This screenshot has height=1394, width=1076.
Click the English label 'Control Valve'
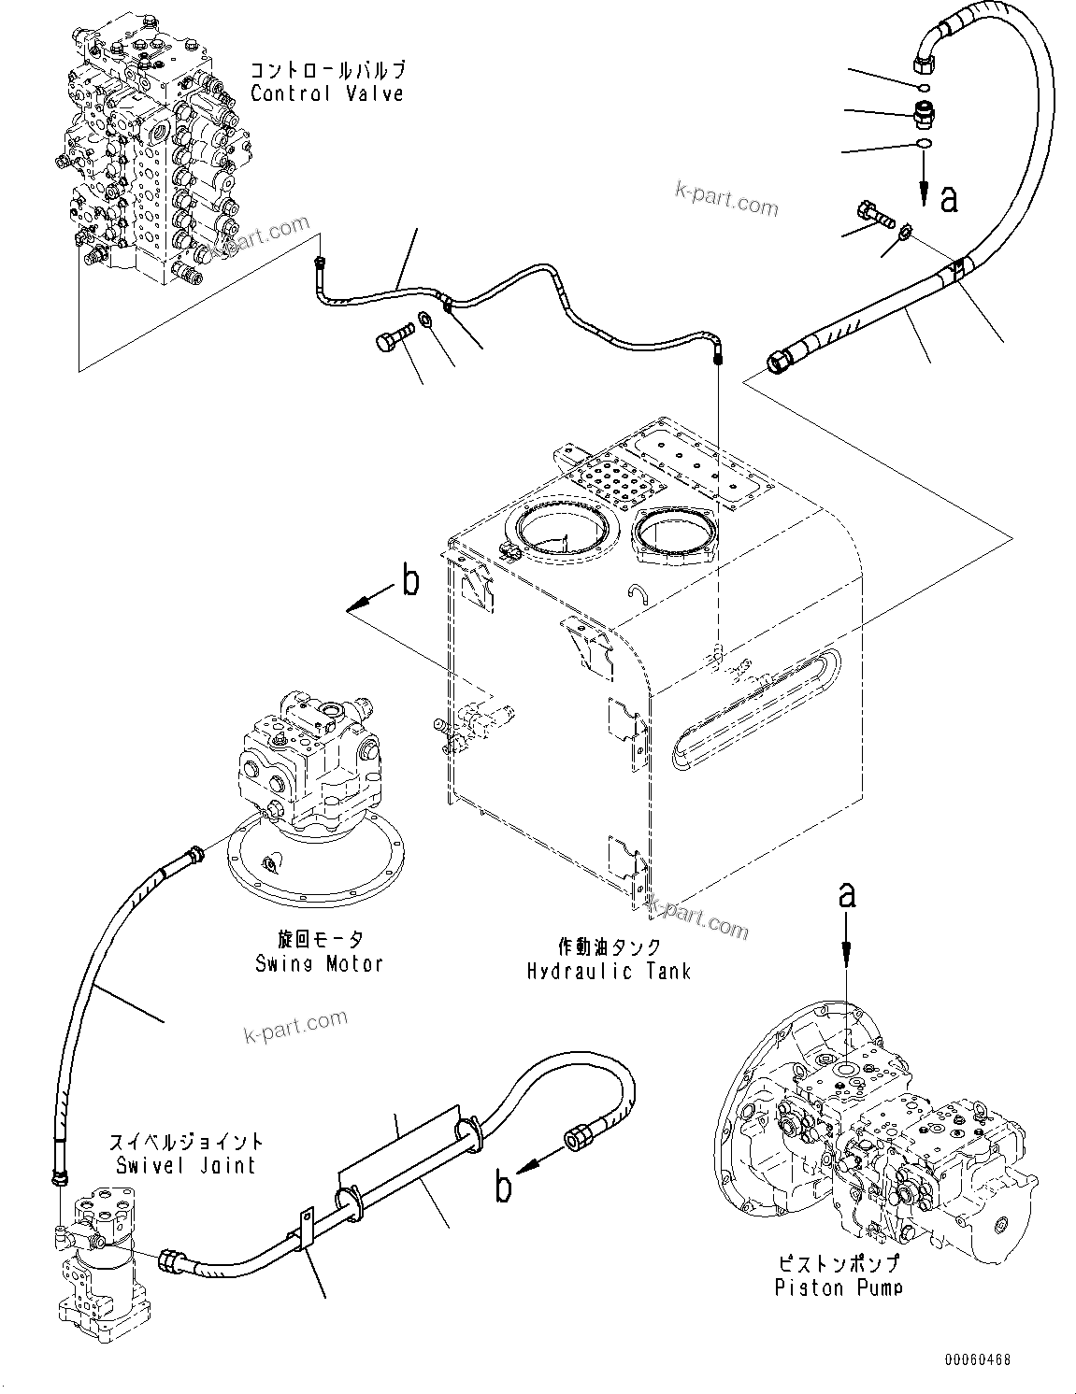[326, 93]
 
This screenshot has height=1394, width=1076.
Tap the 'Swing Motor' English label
[319, 963]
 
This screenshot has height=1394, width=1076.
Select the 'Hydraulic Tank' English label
[608, 971]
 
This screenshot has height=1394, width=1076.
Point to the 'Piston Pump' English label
[839, 1288]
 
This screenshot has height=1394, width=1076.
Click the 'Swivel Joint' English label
[186, 1165]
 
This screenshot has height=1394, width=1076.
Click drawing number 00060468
[976, 1361]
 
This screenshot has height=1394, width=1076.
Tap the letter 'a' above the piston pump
[847, 895]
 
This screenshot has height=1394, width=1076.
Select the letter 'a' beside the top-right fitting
[948, 198]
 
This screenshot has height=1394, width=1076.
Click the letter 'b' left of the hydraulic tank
[409, 582]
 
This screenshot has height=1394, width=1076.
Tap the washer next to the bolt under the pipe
[425, 321]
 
